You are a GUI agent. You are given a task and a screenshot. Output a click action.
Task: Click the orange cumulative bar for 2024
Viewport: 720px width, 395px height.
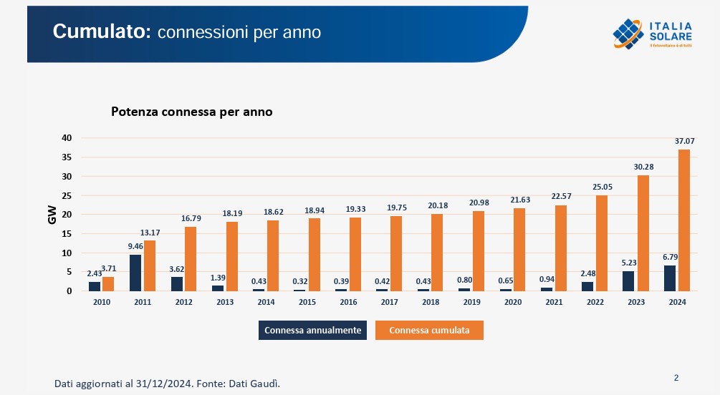pos(683,220)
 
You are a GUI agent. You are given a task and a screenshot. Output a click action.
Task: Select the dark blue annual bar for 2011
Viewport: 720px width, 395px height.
pos(135,273)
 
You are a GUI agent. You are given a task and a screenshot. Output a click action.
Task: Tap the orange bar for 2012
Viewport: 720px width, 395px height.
pos(191,259)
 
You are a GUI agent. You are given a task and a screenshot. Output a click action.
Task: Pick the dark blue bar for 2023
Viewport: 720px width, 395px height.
pos(628,281)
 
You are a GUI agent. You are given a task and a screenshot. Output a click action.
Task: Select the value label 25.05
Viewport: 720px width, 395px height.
pos(602,187)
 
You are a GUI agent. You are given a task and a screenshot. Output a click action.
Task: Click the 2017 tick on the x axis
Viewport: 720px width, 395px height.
pos(390,302)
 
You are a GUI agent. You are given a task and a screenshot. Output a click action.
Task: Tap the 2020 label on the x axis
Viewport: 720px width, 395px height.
pos(513,302)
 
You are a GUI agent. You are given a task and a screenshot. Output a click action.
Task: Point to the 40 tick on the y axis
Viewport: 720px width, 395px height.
pos(66,137)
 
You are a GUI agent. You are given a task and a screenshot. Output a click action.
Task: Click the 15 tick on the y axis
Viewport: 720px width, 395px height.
pos(66,233)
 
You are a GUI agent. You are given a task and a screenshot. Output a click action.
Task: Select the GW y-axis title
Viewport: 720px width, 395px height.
pos(52,215)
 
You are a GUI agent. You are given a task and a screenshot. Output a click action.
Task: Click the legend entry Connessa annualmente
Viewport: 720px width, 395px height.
pos(313,330)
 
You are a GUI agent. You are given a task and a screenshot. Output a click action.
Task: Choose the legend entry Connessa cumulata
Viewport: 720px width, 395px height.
pos(429,330)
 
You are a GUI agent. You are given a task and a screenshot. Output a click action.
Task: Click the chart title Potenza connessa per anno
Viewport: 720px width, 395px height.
pos(191,112)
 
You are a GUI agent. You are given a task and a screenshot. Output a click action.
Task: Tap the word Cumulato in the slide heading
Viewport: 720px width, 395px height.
pos(100,31)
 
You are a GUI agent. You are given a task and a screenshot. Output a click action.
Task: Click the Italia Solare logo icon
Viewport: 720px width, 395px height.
pos(628,34)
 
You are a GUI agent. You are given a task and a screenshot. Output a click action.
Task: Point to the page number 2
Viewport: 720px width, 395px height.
pos(676,378)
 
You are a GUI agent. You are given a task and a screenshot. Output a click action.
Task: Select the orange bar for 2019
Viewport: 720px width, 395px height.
pos(479,251)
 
